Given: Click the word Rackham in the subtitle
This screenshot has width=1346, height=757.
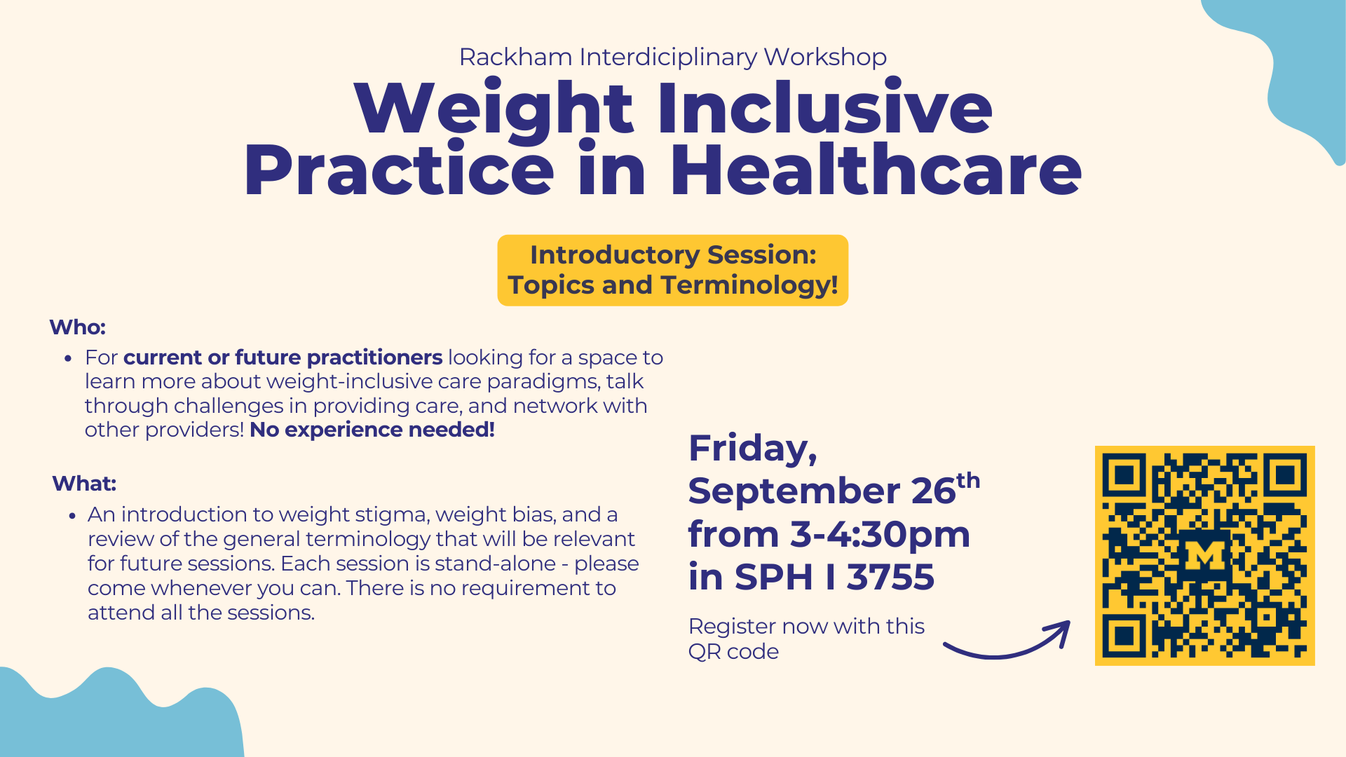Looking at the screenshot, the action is click(515, 57).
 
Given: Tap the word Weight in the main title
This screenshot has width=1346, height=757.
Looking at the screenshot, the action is click(494, 109).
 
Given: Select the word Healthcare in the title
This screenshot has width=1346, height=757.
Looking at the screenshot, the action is click(876, 170).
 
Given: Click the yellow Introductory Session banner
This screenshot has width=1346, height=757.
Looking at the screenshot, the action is click(673, 270).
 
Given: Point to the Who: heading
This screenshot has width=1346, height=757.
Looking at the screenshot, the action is click(77, 327).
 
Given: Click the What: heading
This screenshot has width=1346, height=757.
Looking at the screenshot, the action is click(84, 484).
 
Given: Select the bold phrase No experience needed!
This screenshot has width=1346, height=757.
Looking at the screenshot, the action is click(372, 430).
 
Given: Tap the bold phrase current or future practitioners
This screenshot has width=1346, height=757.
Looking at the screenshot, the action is click(283, 357).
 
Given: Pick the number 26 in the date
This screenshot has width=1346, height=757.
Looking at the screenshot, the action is click(933, 491).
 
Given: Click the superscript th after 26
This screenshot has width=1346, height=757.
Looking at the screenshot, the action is click(968, 480).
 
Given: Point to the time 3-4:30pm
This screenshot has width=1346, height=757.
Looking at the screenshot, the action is click(880, 534).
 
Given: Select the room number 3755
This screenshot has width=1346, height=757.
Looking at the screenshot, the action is click(890, 577).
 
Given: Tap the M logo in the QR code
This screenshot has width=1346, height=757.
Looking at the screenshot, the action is click(1204, 556).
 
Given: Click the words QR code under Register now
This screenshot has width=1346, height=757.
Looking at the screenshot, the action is click(733, 652).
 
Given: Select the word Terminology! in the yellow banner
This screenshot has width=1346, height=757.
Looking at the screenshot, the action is click(749, 286).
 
